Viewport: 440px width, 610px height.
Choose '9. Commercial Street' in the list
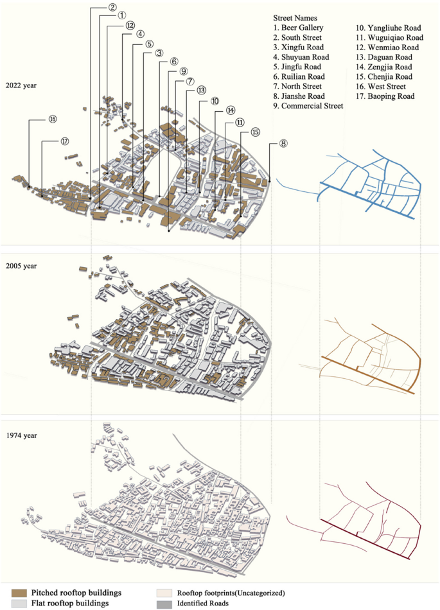coord(308,105)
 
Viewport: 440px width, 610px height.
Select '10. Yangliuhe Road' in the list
coord(389,28)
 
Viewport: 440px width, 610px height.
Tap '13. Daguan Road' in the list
coord(384,57)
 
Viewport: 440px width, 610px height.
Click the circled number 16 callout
coord(52,119)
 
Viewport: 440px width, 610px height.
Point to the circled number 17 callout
coord(65,141)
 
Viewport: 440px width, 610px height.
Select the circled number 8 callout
coord(283,144)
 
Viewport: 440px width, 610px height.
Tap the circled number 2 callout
coord(112,7)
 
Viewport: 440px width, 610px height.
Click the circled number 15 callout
coord(256,132)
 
